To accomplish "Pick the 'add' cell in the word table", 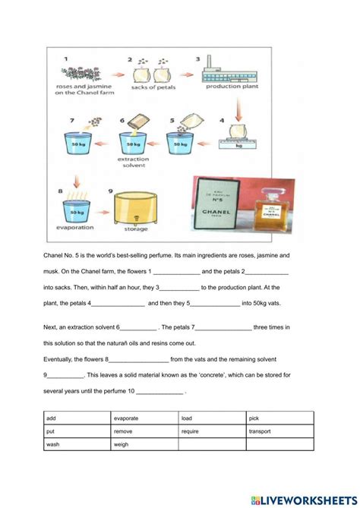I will click(x=51, y=418).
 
